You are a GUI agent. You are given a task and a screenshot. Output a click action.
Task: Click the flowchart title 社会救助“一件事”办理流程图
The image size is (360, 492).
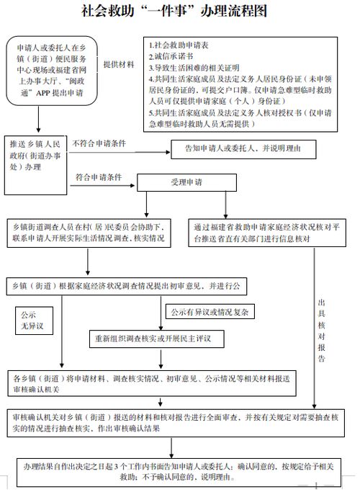coord(179,12)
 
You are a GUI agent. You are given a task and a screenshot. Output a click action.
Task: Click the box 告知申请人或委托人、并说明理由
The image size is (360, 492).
coord(242,150)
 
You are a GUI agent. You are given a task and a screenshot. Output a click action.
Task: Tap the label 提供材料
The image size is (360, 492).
coord(119,64)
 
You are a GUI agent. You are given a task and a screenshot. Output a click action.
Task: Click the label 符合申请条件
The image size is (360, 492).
coord(99,177)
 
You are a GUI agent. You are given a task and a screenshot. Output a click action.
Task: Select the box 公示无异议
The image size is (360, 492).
coord(33,321)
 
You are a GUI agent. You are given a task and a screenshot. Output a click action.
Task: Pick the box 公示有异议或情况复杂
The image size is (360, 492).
coord(209,312)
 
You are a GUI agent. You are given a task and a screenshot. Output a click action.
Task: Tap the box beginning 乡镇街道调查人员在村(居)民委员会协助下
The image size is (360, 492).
coord(89,232)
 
